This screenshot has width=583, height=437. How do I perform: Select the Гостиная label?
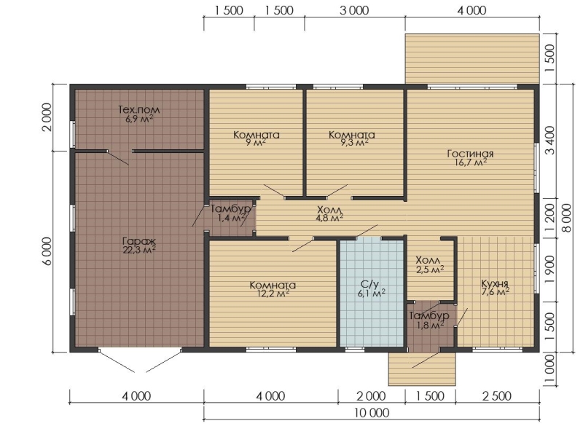[470, 154]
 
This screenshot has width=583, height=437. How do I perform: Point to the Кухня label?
[495, 283]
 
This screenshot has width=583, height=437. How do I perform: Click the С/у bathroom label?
[369, 285]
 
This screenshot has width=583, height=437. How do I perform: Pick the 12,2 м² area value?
[270, 294]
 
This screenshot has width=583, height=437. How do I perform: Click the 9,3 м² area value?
[351, 143]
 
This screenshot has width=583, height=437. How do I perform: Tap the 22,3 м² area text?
[139, 250]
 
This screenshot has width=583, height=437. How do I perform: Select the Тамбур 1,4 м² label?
[230, 213]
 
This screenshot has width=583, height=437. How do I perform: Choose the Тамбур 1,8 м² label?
[429, 320]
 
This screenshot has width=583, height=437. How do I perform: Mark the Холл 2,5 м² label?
[429, 264]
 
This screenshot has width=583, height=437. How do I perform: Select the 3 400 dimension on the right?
[550, 141]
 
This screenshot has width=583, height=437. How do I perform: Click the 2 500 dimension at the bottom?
[498, 396]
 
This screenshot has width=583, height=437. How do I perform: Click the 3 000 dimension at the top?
[355, 10]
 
